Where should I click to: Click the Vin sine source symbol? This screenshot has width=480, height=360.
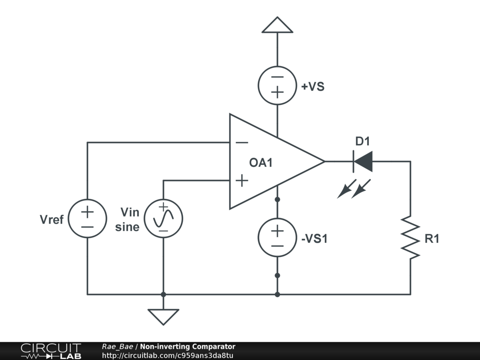pos(164,218)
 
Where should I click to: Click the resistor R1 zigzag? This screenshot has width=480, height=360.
pos(410,238)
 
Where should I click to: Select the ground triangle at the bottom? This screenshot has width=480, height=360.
pos(163,317)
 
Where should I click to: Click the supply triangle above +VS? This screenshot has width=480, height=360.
pos(277,25)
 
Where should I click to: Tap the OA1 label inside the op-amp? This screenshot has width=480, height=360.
pos(261,163)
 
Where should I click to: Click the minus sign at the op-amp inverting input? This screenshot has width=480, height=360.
pos(242,142)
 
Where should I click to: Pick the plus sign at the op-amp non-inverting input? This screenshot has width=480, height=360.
pos(242,180)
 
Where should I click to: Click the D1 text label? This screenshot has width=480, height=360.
pos(363,141)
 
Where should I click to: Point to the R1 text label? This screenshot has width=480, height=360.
pos(432,239)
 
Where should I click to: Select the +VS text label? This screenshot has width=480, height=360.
pos(313,87)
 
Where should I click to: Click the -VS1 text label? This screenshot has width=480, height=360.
pos(315,239)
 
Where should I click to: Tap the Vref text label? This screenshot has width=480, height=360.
pos(52,219)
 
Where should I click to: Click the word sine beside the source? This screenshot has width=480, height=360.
pos(127,227)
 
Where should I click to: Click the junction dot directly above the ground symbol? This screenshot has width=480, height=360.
pos(164,294)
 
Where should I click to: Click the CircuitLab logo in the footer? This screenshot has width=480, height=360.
pos(51,351)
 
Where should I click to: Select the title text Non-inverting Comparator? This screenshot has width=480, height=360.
pos(187,346)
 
